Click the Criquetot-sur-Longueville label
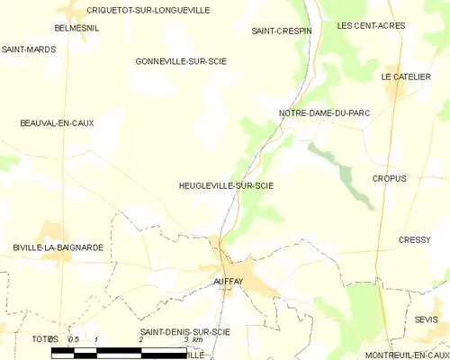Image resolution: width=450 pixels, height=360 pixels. [x=148, y=10]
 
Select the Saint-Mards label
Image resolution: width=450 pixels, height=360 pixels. [x=28, y=49]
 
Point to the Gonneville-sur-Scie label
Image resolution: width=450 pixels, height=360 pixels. [x=181, y=61]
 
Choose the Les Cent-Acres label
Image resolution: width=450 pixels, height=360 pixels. [x=371, y=26]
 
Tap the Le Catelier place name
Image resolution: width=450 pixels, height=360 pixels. [x=402, y=77]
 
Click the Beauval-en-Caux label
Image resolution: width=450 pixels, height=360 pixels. [x=57, y=122]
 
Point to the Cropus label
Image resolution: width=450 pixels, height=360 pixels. [x=389, y=178]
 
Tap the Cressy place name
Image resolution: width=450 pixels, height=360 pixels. [x=415, y=239]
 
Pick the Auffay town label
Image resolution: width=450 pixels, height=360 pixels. [x=229, y=282]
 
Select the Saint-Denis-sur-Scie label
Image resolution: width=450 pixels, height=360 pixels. [x=185, y=332]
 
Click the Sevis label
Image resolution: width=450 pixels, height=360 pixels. [x=427, y=319]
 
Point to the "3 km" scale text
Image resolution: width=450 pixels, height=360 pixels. [x=192, y=339]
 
